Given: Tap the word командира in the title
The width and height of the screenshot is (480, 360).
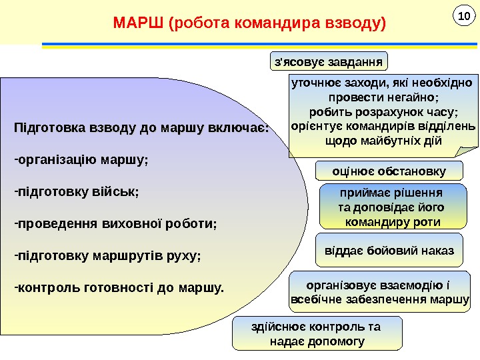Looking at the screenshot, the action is tap(272, 25).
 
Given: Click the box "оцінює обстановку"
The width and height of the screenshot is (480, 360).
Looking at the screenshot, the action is tap(389, 171).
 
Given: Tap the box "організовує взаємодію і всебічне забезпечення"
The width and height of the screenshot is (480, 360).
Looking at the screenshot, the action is tap(381, 292).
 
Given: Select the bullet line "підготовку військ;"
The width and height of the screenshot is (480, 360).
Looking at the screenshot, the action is tap(77, 191).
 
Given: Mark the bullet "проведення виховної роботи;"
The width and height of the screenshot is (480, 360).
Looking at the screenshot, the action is tap(117, 223).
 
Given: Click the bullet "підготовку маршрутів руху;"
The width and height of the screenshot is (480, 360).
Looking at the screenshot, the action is tap(108, 255).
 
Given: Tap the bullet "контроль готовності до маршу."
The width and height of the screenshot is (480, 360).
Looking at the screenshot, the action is tap(120, 288).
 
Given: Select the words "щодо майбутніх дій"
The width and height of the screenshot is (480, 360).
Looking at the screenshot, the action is tap(383, 141).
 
